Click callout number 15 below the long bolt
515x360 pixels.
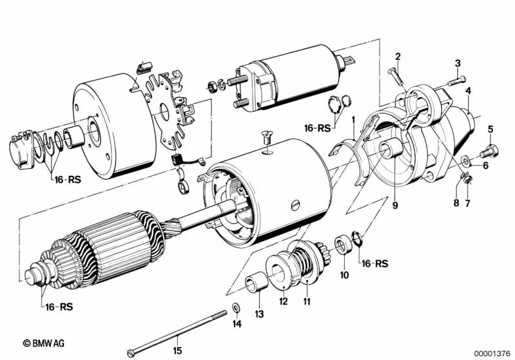tap(177, 351)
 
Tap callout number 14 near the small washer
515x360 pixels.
tap(237, 324)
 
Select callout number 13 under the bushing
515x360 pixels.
tap(259, 314)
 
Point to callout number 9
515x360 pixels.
tap(395, 205)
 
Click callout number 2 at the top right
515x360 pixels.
tap(398, 57)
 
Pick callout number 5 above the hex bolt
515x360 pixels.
tap(491, 129)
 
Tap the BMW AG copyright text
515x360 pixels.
tap(44, 343)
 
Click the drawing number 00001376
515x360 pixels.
tap(492, 354)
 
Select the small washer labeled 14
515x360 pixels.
tap(235, 308)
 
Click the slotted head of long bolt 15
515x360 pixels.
tap(130, 354)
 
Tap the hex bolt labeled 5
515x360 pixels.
tap(489, 152)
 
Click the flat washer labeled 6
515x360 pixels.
tap(465, 160)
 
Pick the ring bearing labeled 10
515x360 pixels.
tap(343, 245)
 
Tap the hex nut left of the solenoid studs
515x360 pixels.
tap(211, 86)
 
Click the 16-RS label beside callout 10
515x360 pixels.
tap(375, 263)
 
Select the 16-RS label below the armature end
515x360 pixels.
tap(59, 307)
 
